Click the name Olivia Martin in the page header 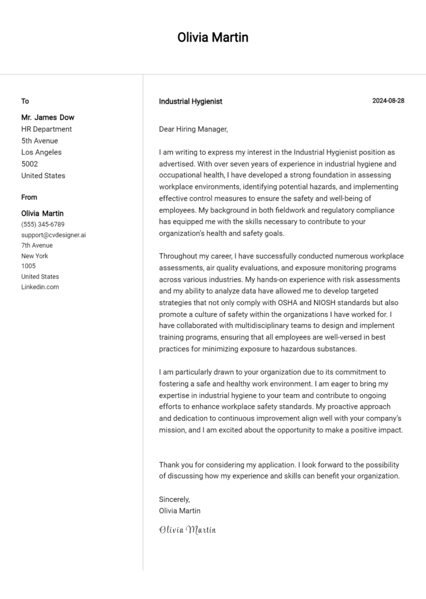[212, 37]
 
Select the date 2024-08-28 [388, 101]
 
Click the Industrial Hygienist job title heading [190, 101]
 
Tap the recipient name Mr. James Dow [48, 117]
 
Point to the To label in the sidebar [25, 101]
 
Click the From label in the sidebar [29, 197]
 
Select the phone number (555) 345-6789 [43, 224]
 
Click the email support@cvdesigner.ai [53, 235]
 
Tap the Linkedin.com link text [40, 287]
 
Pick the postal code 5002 [29, 164]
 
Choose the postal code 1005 [28, 266]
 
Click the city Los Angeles [41, 152]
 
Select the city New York [34, 256]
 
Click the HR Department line [47, 129]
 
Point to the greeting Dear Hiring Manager [193, 129]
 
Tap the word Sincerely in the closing [174, 499]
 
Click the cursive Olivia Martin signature [187, 530]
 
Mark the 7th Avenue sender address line [37, 245]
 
